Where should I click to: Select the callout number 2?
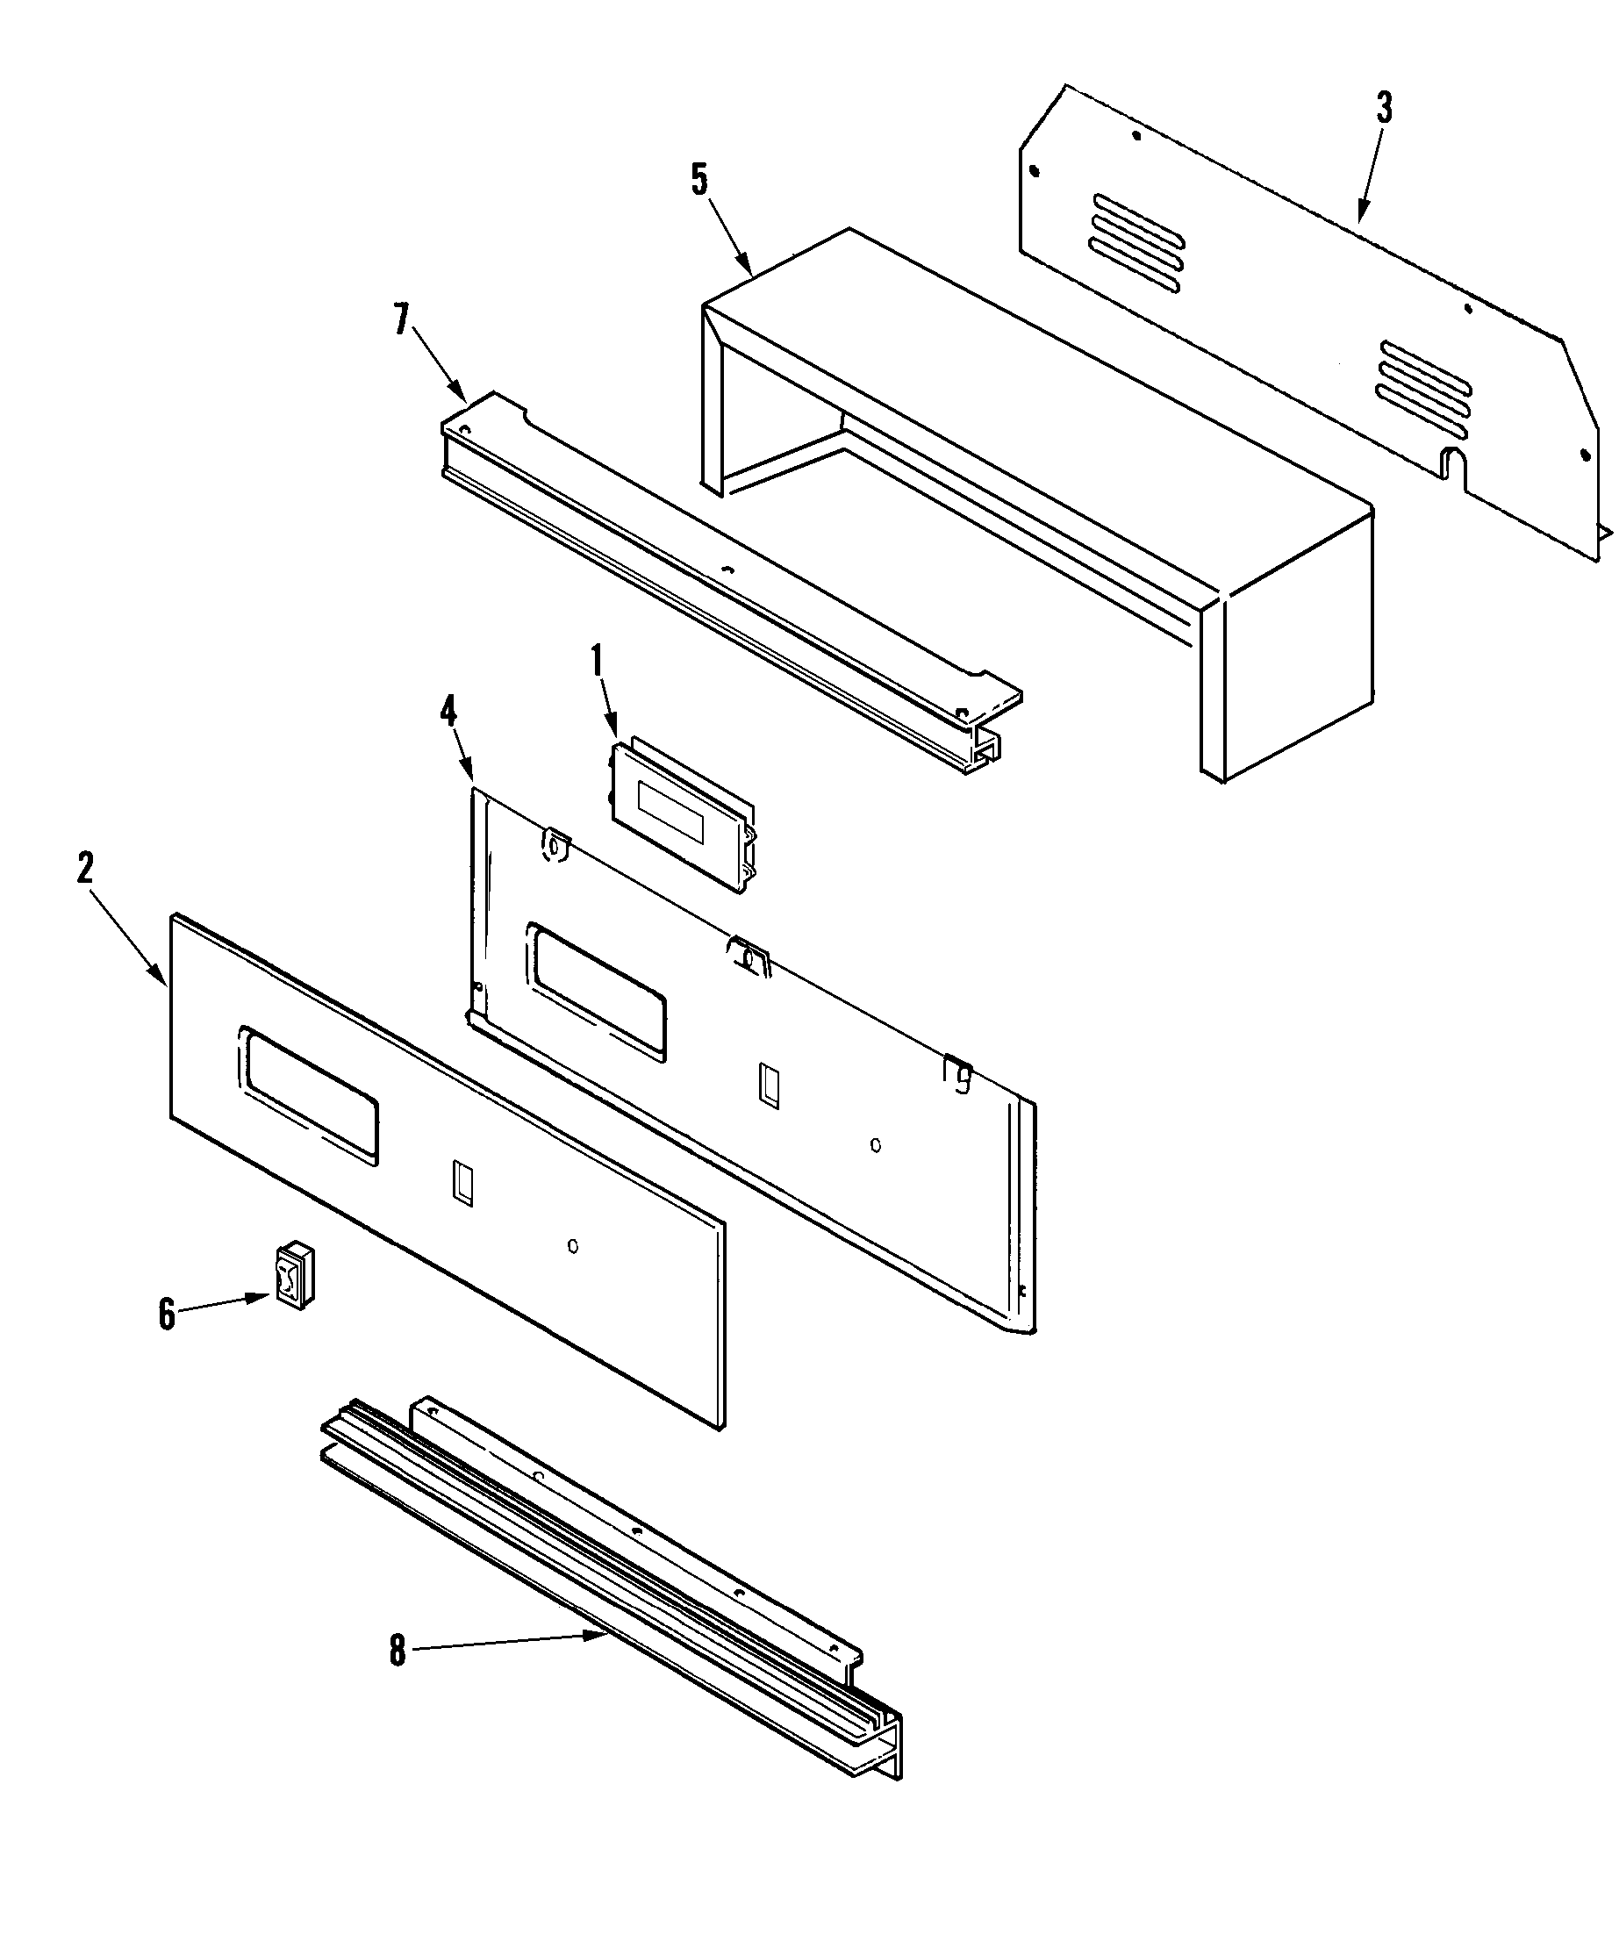(x=85, y=869)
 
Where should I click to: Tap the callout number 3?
(x=1384, y=109)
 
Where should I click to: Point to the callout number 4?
(x=448, y=712)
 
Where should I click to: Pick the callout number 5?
(x=699, y=179)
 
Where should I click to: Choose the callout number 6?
(x=167, y=1315)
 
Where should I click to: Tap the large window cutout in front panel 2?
(x=309, y=1095)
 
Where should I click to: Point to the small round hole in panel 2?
(x=573, y=1245)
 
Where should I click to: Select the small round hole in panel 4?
(x=876, y=1144)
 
